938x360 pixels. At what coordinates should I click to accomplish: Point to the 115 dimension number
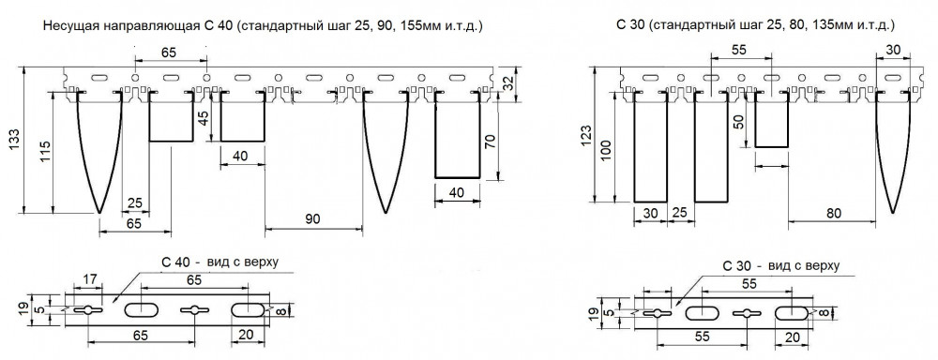click(x=44, y=154)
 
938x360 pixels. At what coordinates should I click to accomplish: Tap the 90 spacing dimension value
click(x=312, y=219)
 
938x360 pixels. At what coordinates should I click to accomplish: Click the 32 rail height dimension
click(x=507, y=82)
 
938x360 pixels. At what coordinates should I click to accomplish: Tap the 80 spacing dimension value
click(x=832, y=214)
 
